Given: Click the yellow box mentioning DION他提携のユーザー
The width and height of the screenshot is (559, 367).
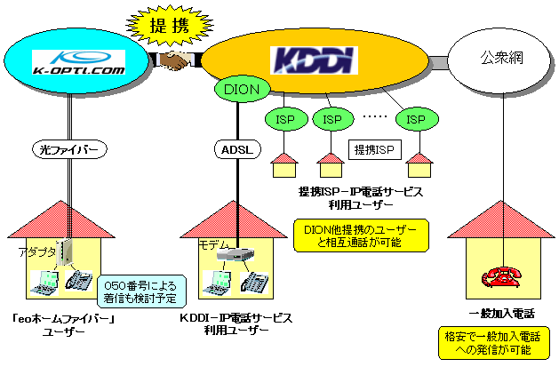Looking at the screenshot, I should point(360,235).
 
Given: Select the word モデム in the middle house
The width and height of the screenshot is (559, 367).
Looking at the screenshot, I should point(214,245).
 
